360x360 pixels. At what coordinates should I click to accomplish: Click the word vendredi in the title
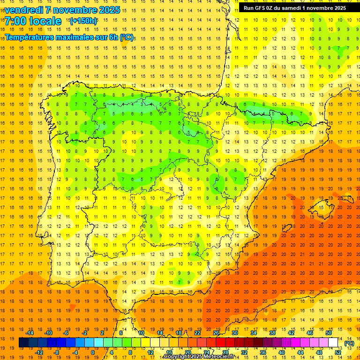pos(24,10)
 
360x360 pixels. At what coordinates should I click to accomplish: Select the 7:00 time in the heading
pos(15,21)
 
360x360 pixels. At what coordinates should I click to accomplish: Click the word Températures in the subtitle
pos(31,37)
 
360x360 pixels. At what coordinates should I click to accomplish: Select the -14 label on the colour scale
pos(30,333)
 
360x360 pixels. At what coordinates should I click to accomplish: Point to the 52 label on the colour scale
pos(338,352)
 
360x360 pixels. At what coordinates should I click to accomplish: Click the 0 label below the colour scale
pos(93,352)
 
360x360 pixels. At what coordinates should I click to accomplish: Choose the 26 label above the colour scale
pos(216,333)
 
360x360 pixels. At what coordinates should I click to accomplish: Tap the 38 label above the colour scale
pos(272,333)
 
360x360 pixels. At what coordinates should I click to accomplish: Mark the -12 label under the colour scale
pos(39,352)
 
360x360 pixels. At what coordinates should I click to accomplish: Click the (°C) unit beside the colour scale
pos(349,343)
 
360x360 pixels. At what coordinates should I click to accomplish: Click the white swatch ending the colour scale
pos(333,343)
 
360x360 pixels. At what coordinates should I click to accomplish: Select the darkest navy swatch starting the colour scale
pos(23,343)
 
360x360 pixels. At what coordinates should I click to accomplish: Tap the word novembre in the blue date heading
pos(75,10)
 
